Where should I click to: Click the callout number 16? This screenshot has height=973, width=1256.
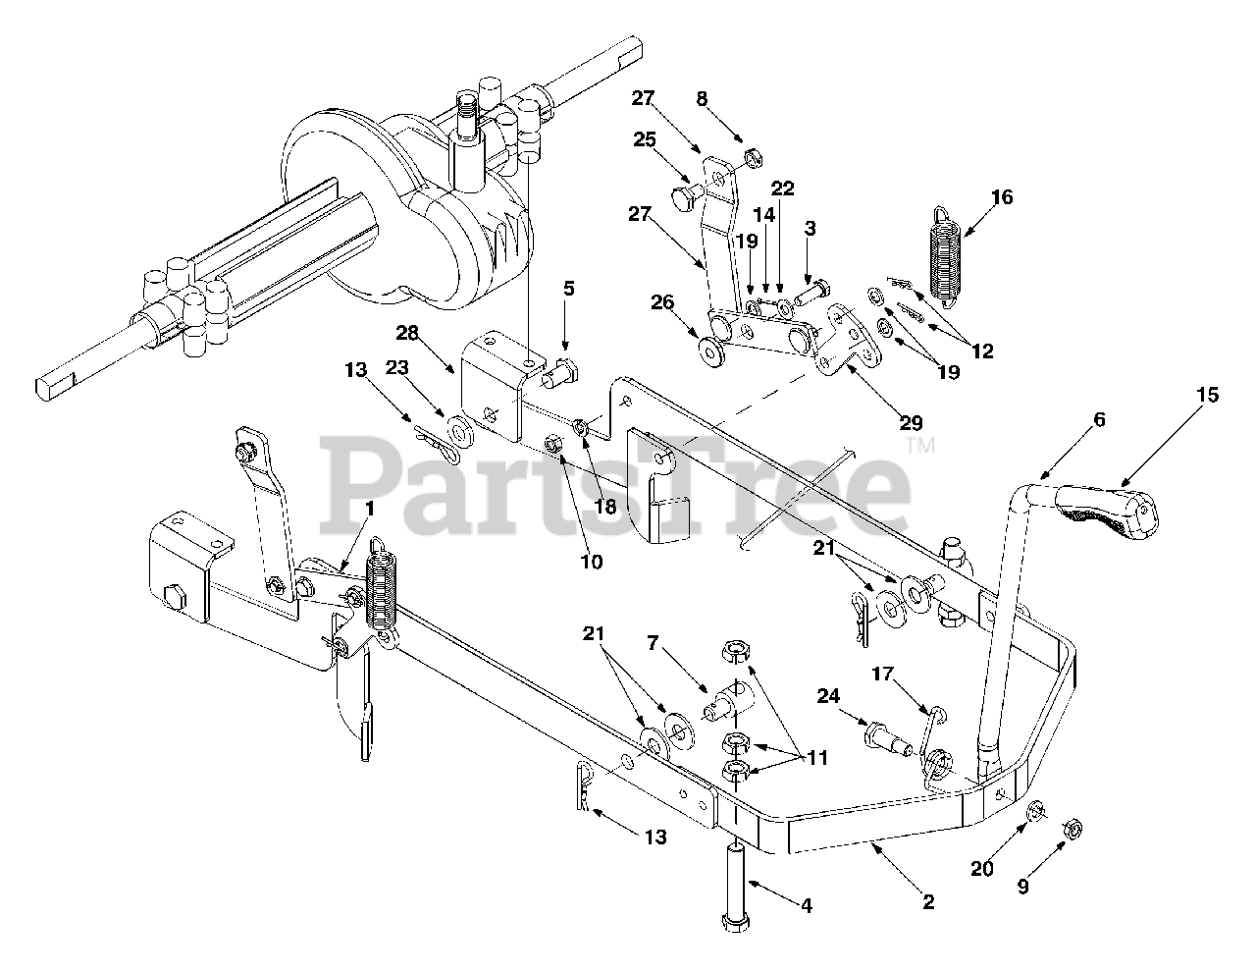click(x=1002, y=197)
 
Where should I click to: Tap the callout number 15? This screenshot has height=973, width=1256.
click(x=1207, y=395)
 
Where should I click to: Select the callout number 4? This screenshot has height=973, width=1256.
click(x=806, y=906)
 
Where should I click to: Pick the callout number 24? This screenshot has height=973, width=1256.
click(x=829, y=695)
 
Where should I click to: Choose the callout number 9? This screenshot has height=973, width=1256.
click(x=1022, y=887)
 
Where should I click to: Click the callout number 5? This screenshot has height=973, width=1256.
click(x=568, y=290)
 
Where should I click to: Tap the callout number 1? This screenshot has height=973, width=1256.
click(x=369, y=508)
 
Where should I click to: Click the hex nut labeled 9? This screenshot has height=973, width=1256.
click(x=1073, y=831)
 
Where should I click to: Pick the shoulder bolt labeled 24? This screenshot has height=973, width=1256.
click(x=882, y=733)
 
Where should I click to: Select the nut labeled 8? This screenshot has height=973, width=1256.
click(x=753, y=155)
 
